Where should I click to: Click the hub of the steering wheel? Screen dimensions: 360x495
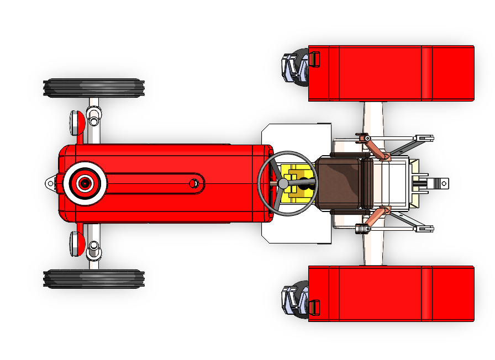[x=283, y=182]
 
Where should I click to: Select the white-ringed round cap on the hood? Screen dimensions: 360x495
[x=85, y=183]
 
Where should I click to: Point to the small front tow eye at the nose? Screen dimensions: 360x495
[x=51, y=183]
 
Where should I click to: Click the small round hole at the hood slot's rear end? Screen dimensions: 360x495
[x=194, y=183]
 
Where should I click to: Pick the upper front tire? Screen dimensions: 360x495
[x=94, y=88]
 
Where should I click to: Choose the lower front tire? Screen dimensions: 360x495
[x=94, y=279]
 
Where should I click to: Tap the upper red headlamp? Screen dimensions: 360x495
[x=77, y=122]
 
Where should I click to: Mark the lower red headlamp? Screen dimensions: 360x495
[x=77, y=243]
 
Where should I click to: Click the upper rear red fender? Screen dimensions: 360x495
[x=391, y=73]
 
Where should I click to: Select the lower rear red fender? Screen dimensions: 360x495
[x=391, y=293]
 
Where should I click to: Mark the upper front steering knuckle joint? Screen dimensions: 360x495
[x=94, y=117]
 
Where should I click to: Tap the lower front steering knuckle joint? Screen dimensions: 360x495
[x=94, y=248]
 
